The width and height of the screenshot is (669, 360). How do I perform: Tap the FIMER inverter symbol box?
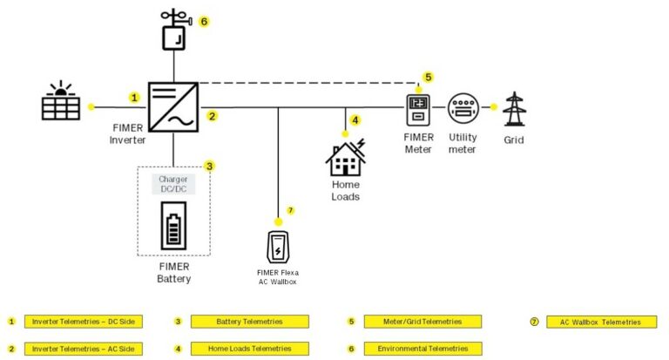click(174, 107)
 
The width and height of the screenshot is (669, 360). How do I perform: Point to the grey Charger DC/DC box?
click(173, 184)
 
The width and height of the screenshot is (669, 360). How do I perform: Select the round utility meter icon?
click(463, 108)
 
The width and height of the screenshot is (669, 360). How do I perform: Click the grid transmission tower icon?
click(516, 108)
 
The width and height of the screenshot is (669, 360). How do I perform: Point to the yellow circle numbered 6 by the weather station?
click(204, 20)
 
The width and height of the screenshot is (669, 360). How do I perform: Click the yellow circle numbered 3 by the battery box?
click(209, 165)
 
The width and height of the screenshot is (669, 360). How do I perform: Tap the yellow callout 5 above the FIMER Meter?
click(428, 77)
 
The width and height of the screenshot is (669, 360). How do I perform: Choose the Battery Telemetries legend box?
click(250, 322)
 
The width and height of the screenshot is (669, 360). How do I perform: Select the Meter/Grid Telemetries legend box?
click(422, 322)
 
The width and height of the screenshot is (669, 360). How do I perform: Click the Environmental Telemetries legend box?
click(422, 349)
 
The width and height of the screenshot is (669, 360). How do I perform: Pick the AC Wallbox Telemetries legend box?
click(602, 322)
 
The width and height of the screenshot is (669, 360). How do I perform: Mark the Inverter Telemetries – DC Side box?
click(83, 322)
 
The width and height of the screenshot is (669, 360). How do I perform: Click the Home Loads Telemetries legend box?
click(250, 349)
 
